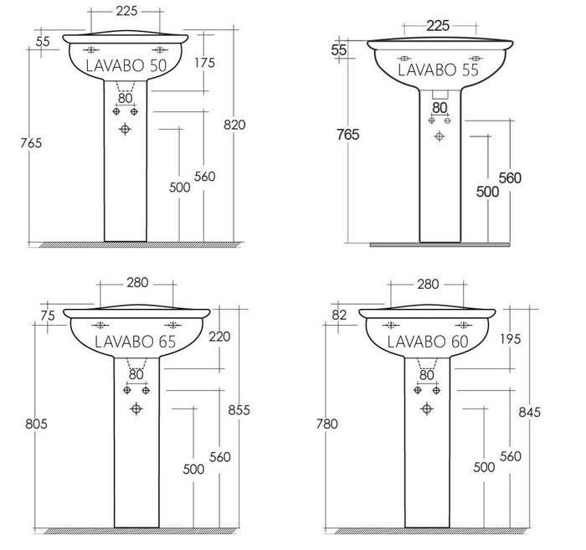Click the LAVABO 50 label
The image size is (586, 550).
pos(127,65)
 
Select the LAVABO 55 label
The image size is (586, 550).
pos(438,70)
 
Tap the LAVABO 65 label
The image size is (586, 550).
pos(135,342)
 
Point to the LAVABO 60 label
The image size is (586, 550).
pos(427,342)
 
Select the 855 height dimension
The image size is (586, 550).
pos(239,409)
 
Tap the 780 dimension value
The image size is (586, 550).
pos(327,424)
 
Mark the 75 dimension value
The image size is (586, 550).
pos(47,316)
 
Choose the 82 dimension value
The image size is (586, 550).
pos(339,315)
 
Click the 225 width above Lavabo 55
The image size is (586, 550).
pos(438,25)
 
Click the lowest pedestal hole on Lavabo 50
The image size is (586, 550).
pos(126,129)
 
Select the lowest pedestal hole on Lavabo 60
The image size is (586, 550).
pos(427,408)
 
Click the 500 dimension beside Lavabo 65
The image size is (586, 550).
pos(193,469)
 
